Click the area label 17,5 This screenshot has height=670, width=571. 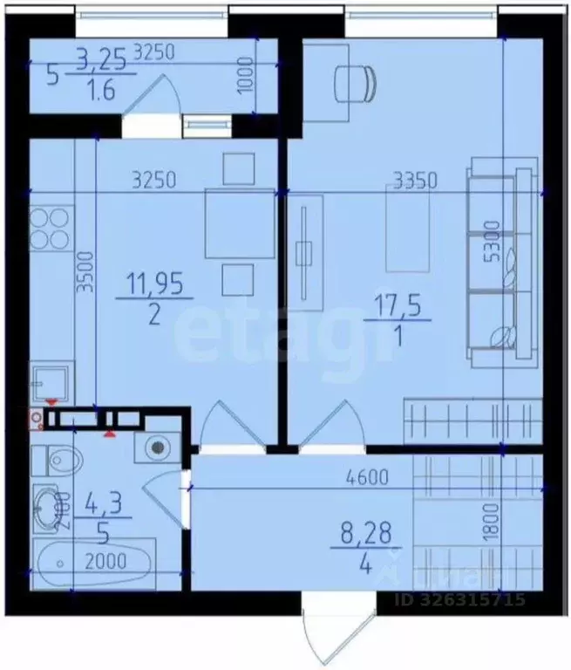coord(398,309)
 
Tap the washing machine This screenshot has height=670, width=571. coord(157,446)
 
